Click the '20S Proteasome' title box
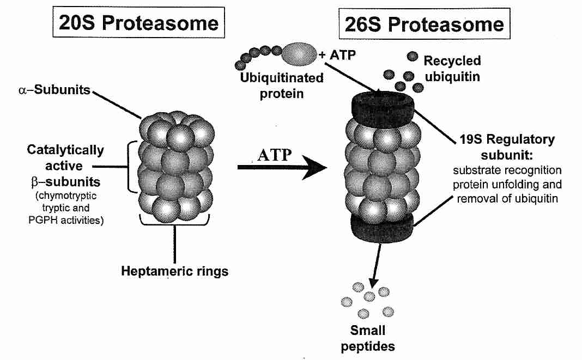click(x=140, y=23)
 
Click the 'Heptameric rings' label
click(x=175, y=271)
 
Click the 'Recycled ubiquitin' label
click(x=452, y=69)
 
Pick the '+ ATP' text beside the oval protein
click(x=335, y=54)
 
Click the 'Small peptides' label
click(x=367, y=338)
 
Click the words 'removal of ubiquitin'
click(x=505, y=198)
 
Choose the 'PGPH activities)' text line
click(x=66, y=220)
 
